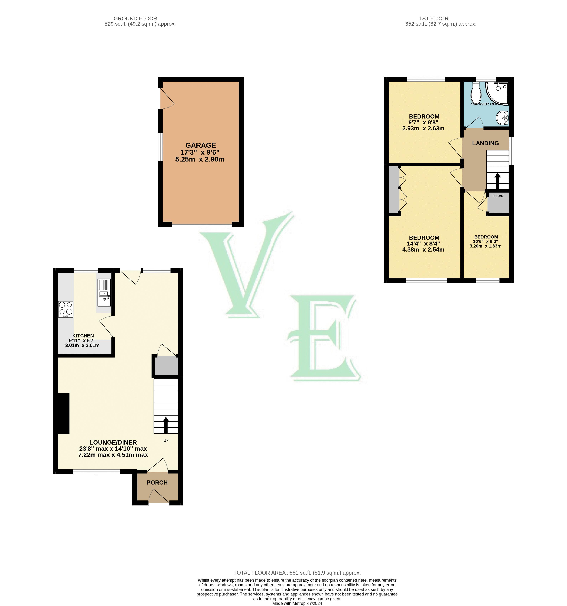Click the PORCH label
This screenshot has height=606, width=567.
coord(157,483)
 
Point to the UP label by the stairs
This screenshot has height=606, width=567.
coord(166,440)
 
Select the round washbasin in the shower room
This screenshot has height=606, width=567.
coord(502,118)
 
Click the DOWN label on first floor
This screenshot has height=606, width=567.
coord(498,196)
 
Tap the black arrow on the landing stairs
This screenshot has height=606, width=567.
coord(498,181)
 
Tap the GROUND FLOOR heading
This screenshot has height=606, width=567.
coord(135,19)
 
